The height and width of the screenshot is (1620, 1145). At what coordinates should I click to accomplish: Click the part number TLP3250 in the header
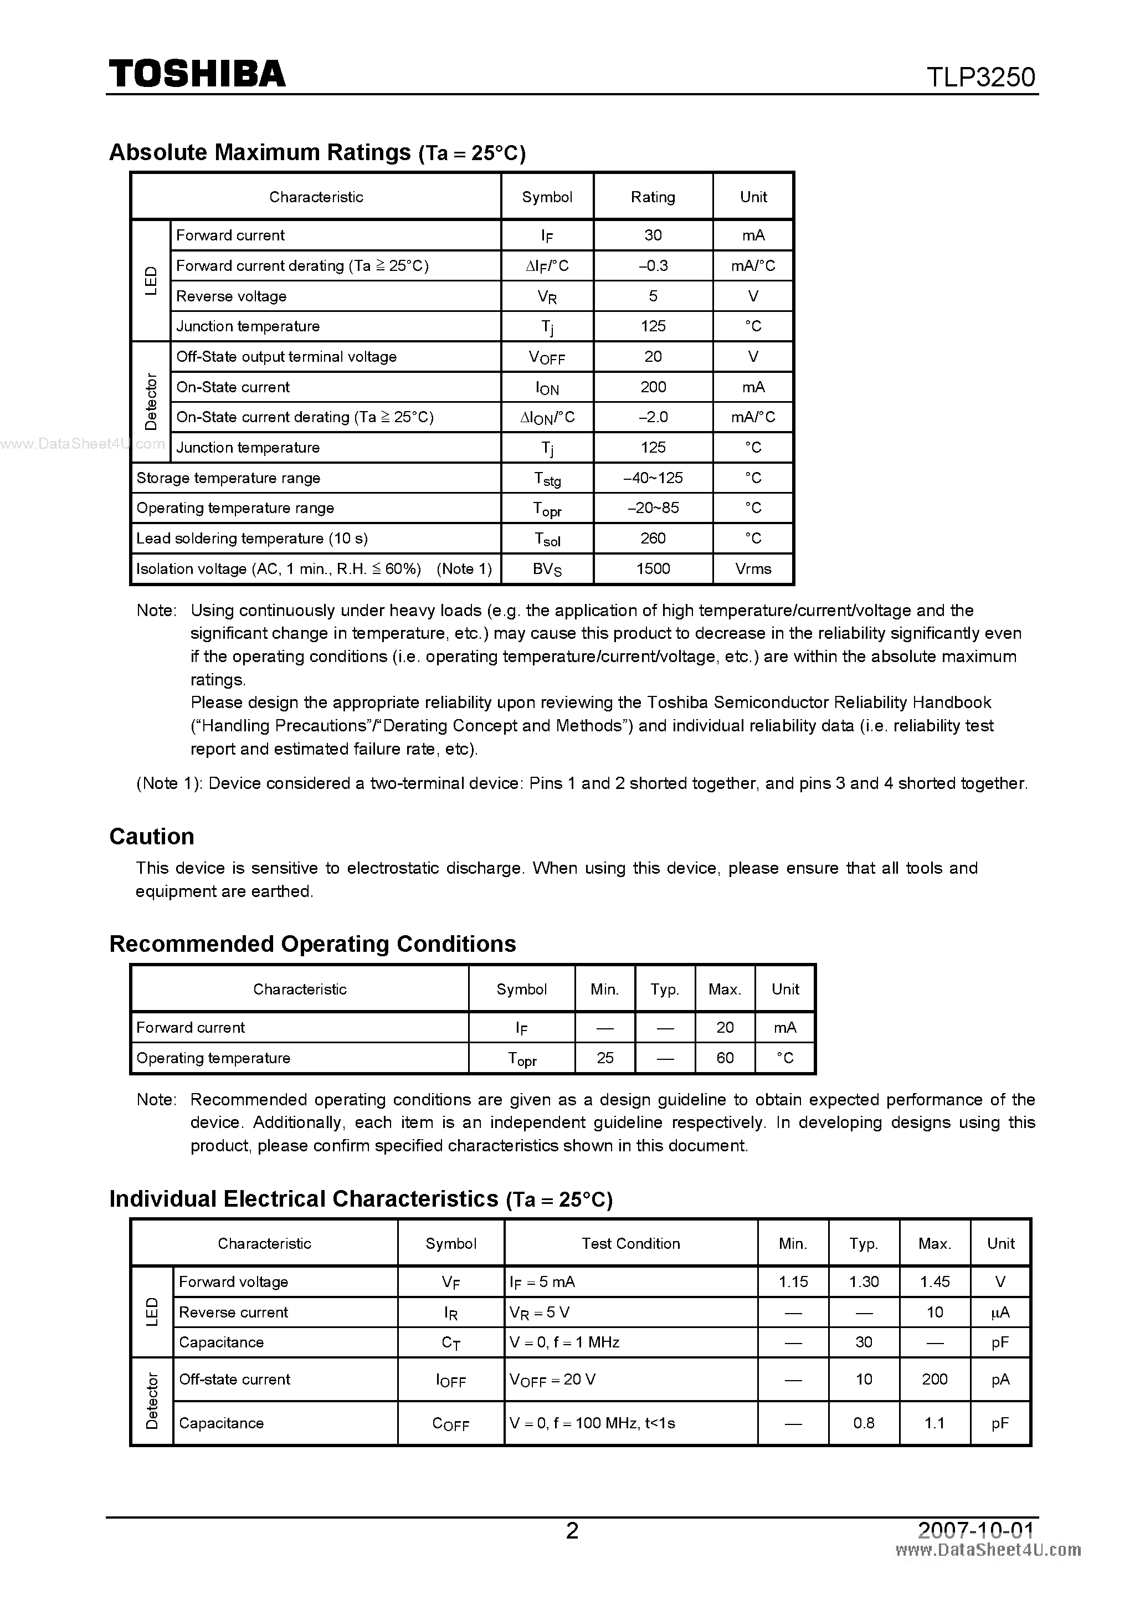[980, 77]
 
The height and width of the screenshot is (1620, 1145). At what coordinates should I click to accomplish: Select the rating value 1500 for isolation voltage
[653, 568]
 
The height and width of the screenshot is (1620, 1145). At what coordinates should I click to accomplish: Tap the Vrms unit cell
[753, 568]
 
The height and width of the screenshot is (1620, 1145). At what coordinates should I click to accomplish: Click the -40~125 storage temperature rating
[653, 478]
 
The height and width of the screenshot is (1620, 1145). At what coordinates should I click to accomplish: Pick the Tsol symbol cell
[547, 539]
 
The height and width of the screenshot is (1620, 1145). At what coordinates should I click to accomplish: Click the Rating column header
[653, 197]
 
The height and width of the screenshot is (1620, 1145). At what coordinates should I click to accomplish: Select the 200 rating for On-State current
[653, 387]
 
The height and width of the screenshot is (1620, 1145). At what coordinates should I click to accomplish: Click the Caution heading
[152, 836]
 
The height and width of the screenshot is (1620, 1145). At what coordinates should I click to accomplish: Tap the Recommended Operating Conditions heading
[312, 944]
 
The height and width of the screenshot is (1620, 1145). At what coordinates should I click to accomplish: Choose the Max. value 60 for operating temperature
[725, 1058]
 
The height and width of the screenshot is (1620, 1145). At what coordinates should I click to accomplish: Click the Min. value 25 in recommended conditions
[604, 1058]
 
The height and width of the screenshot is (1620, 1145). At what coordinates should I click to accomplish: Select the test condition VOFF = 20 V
[552, 1380]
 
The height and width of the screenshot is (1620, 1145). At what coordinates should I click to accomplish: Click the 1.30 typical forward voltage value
[864, 1281]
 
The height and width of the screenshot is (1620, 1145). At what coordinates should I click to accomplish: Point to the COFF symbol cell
[450, 1424]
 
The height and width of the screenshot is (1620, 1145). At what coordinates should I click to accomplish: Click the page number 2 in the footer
[572, 1530]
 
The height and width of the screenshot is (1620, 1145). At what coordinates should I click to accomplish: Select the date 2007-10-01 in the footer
[975, 1530]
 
